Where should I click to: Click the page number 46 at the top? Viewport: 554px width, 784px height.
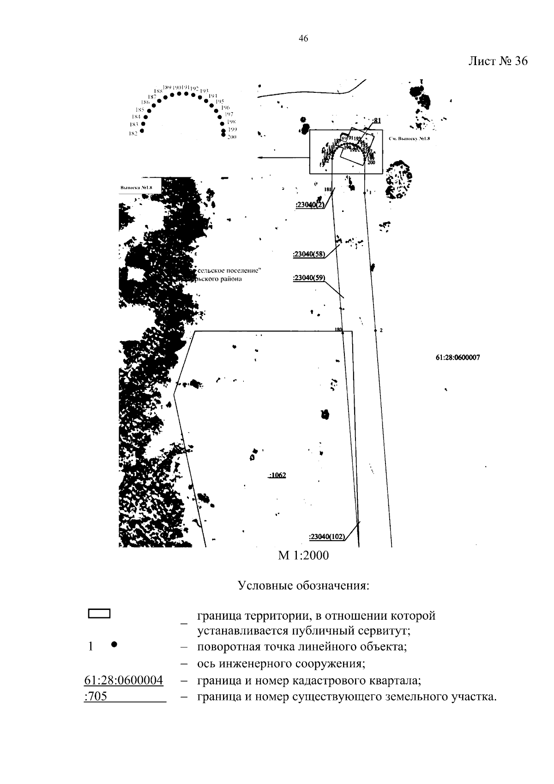tap(303, 39)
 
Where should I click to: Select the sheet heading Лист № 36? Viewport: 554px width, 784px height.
tap(498, 61)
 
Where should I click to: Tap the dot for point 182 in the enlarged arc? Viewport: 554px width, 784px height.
tap(142, 131)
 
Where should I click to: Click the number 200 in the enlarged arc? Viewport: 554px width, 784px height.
tap(232, 137)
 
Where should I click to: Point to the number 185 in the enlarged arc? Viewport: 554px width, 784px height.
tap(140, 110)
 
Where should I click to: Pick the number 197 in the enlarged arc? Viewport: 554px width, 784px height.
tap(229, 114)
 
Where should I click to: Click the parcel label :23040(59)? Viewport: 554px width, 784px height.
tap(309, 278)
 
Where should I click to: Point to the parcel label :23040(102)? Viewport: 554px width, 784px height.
tap(327, 537)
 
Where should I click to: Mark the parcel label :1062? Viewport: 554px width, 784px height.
tap(277, 475)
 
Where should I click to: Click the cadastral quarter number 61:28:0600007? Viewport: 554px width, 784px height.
tap(458, 357)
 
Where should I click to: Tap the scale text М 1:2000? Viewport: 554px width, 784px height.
tap(303, 555)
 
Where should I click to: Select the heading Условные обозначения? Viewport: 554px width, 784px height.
tap(303, 586)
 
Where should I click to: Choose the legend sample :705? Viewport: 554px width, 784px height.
tap(96, 696)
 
